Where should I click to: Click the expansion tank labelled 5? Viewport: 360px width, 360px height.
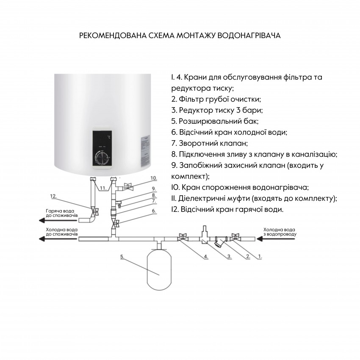pos(159,270)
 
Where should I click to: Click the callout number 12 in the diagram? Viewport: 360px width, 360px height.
pos(53,197)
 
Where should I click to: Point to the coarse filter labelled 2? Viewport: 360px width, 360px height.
pos(219,242)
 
